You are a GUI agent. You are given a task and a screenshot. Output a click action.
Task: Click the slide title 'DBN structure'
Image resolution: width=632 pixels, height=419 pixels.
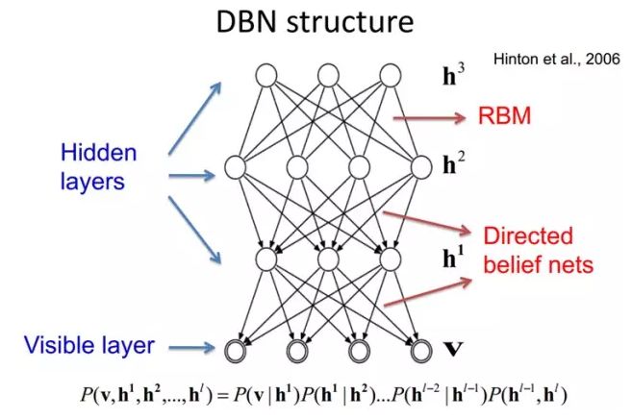point(316,23)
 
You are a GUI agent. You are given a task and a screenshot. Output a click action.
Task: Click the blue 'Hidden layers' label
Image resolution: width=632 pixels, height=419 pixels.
point(98,166)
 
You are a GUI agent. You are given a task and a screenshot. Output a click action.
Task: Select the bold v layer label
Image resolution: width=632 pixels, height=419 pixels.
point(449,346)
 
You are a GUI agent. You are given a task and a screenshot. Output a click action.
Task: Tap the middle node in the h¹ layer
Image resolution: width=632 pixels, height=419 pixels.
point(328,259)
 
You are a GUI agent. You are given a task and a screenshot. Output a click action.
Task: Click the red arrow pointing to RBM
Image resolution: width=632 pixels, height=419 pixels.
point(430,119)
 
